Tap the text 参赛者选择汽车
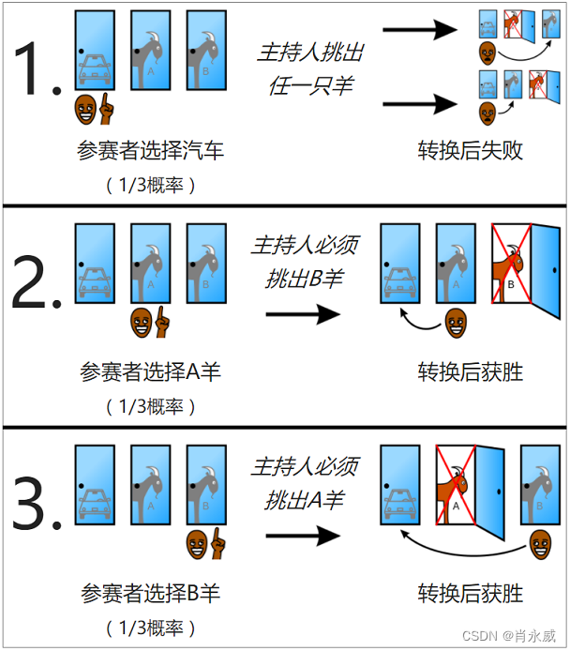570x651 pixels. pyautogui.click(x=151, y=150)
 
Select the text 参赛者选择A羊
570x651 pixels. pyautogui.click(x=151, y=371)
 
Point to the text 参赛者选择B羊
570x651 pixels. pyautogui.click(x=151, y=593)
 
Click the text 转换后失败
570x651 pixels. pyautogui.click(x=470, y=150)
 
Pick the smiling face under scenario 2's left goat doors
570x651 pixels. pyautogui.click(x=142, y=323)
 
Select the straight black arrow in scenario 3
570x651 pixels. pyautogui.click(x=303, y=536)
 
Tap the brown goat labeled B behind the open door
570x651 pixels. pyautogui.click(x=511, y=271)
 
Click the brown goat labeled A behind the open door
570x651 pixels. pyautogui.click(x=456, y=492)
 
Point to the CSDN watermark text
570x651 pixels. pyautogui.click(x=516, y=637)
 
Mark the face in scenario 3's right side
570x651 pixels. pyautogui.click(x=539, y=543)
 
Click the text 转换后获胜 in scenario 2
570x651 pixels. pyautogui.click(x=470, y=371)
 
